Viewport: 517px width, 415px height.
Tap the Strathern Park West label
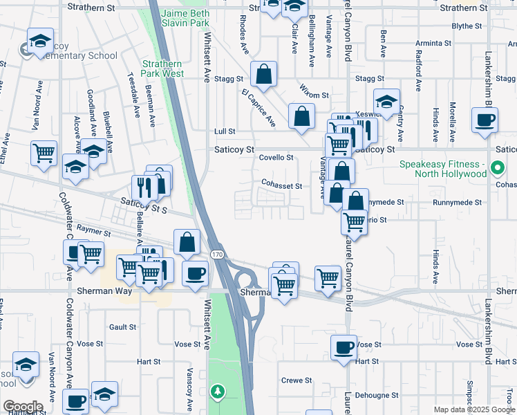[162, 68]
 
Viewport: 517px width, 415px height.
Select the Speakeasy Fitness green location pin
[496, 167]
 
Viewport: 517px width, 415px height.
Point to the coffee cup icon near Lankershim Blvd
[484, 119]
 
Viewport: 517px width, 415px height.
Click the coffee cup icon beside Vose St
[343, 347]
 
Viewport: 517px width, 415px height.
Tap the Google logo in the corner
[22, 406]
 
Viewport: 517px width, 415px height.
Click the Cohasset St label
[281, 185]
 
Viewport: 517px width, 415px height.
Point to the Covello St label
[276, 158]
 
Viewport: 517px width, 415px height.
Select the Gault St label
[122, 326]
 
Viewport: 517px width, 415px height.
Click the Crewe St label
[297, 380]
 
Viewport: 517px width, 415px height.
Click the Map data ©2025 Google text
[474, 409]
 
